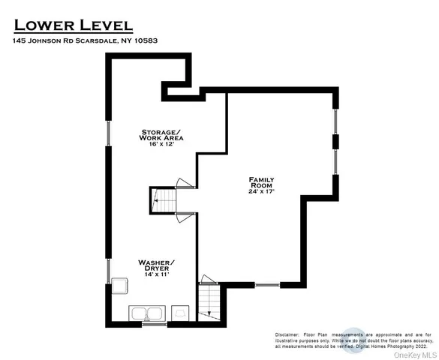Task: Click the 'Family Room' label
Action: click(262, 182)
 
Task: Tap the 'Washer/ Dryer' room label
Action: click(158, 265)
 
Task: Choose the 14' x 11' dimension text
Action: click(158, 274)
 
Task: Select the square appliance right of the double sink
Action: click(181, 313)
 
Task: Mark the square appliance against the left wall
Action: click(119, 286)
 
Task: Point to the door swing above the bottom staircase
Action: click(208, 280)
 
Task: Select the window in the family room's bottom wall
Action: click(266, 285)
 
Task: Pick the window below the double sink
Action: click(153, 324)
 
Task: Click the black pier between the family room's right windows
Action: click(335, 142)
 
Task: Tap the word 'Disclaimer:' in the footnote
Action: click(288, 334)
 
